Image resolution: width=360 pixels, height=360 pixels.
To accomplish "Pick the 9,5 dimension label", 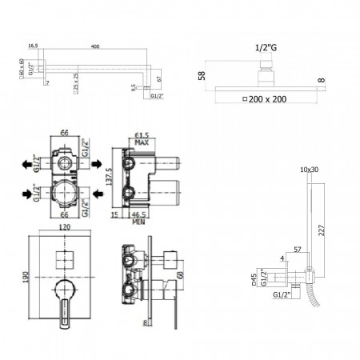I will point(132,91).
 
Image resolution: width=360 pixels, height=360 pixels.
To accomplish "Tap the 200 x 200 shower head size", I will point(267,99).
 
